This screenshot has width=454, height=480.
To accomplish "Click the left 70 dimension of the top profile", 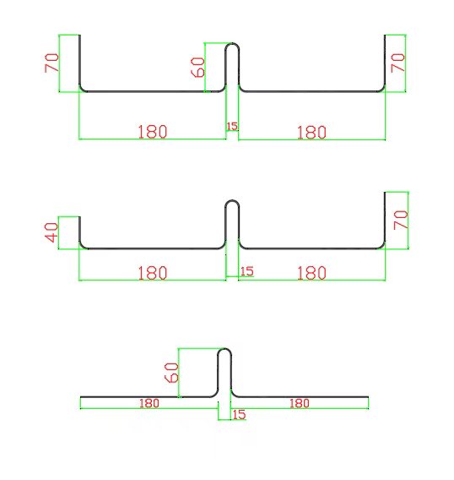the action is click(51, 63).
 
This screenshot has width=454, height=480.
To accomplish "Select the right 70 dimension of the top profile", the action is click(397, 63).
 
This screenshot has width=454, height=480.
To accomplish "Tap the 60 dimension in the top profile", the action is click(197, 67).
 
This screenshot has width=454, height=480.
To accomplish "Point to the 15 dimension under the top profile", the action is click(232, 126).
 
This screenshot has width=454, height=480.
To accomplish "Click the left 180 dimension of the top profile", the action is click(153, 132).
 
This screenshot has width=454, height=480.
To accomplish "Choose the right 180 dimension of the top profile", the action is click(311, 133).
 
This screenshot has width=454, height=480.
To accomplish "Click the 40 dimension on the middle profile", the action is click(51, 232).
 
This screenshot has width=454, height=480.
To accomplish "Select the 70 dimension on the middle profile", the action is click(401, 220).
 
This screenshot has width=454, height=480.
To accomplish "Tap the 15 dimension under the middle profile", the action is click(247, 271).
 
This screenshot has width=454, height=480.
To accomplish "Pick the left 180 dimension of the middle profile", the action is click(153, 273).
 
